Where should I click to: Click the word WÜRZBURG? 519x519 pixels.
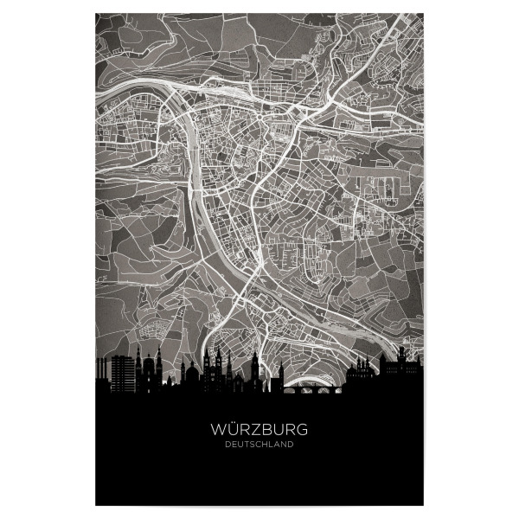coord(259,428)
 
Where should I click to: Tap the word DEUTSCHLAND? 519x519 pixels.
coord(259,445)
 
